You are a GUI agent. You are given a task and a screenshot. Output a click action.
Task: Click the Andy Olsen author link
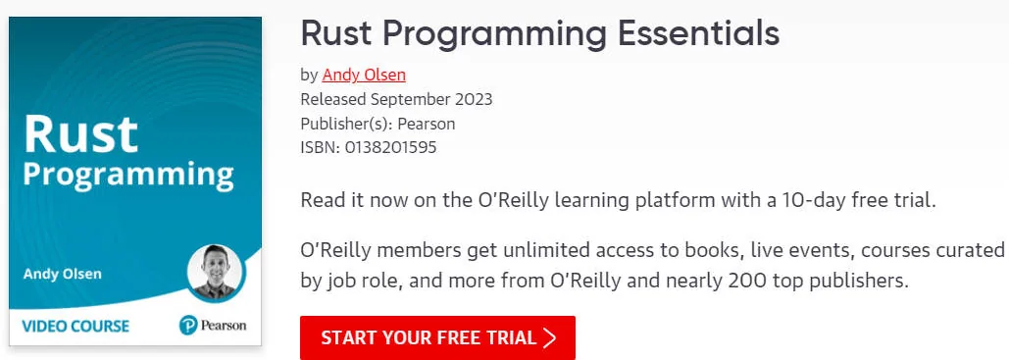pyautogui.click(x=364, y=76)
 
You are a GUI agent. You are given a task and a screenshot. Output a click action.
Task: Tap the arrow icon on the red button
pyautogui.click(x=549, y=338)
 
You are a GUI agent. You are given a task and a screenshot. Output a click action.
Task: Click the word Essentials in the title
pyautogui.click(x=699, y=33)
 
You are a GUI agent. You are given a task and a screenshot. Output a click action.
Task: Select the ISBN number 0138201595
pyautogui.click(x=390, y=147)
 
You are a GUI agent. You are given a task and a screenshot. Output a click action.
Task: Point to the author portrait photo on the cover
pyautogui.click(x=215, y=273)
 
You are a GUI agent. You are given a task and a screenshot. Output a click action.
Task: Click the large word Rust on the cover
pyautogui.click(x=80, y=134)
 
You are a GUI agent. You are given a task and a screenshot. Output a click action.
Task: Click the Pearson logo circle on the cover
pyautogui.click(x=188, y=326)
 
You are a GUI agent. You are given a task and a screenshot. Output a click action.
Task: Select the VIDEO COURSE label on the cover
pyautogui.click(x=76, y=326)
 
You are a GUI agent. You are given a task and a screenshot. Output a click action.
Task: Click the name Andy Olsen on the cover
pyautogui.click(x=63, y=275)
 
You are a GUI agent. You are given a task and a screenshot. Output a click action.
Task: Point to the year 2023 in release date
pyautogui.click(x=474, y=100)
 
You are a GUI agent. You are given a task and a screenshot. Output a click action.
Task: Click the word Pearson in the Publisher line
pyautogui.click(x=427, y=124)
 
